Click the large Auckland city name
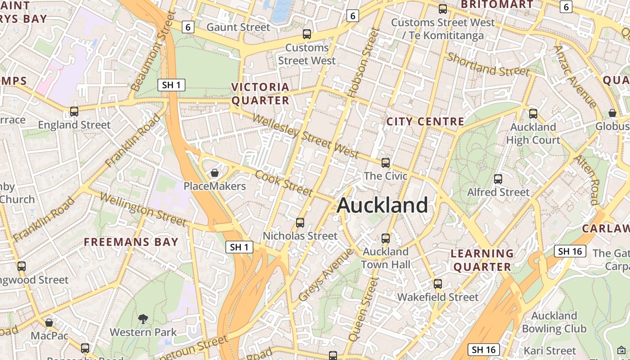(x=382, y=205)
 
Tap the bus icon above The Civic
(x=386, y=162)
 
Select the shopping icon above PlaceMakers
(x=215, y=173)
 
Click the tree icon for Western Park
(x=143, y=319)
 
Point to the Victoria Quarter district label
(x=260, y=94)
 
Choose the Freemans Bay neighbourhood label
(x=131, y=242)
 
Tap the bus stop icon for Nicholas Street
(x=300, y=222)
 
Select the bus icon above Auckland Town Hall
(x=386, y=238)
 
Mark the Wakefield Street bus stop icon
(x=438, y=284)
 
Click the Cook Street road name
(x=283, y=183)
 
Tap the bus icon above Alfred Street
(x=498, y=179)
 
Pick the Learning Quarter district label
(x=482, y=260)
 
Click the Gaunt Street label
(x=238, y=27)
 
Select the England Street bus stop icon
(x=74, y=111)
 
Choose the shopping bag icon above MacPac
(x=49, y=323)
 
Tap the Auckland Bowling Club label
(x=554, y=322)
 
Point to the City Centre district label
(x=425, y=121)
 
